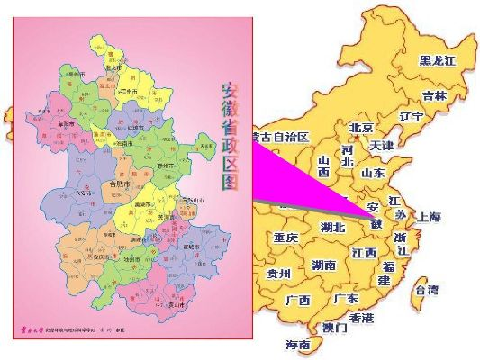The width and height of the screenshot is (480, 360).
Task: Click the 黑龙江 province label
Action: pos(438,60)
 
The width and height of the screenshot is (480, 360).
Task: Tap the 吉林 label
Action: pos(434,95)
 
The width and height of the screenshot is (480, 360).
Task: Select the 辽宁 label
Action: pos(411,116)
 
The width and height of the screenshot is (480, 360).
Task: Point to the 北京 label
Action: pos(361,128)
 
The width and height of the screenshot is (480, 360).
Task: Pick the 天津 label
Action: pos(381,145)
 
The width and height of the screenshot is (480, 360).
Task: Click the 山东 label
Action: pos(373,172)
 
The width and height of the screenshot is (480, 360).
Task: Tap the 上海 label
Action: pos(428,217)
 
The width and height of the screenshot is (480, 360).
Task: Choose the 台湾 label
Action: pos(425,290)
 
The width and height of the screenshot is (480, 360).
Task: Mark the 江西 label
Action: pos(365,253)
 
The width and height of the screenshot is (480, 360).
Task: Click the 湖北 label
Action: pos(332,228)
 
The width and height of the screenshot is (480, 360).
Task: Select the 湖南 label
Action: pos(323,265)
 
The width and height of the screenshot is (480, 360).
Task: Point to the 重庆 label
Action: pos(285,238)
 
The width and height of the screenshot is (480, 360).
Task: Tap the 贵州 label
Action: pos(278,274)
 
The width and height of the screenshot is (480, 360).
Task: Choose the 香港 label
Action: pos(362,318)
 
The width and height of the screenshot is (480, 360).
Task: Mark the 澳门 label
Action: pos(335,328)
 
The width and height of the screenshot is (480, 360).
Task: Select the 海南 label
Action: pos(298,345)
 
